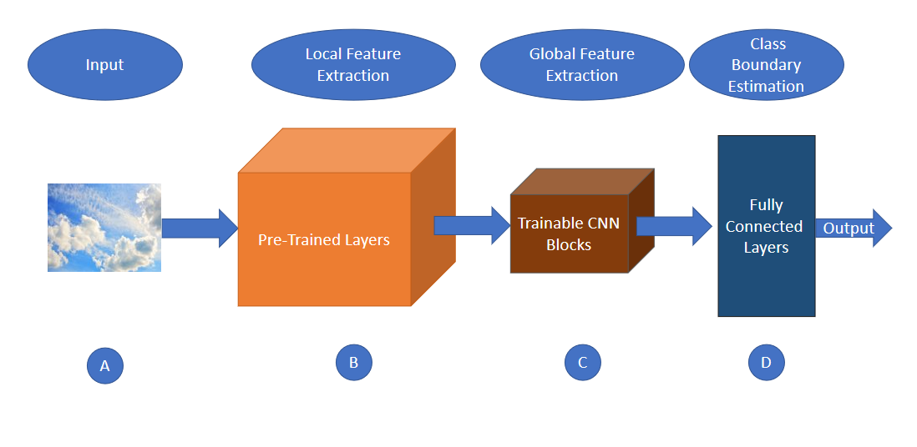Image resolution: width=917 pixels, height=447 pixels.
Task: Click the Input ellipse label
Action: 104,65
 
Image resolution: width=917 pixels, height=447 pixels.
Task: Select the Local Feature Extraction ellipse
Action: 352,65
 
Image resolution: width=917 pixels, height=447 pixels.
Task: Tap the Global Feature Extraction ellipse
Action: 581,65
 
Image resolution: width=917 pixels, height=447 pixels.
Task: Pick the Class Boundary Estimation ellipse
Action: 766,65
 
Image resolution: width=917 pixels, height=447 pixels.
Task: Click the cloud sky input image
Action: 104,228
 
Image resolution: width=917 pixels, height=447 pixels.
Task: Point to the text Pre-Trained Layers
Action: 324,240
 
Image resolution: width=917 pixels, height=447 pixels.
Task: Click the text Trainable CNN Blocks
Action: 568,234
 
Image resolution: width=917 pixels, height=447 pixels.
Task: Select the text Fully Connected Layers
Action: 765,226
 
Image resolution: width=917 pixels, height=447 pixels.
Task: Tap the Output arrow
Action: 852,229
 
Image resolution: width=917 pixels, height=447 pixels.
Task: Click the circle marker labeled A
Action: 104,365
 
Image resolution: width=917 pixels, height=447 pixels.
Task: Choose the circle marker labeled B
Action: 353,362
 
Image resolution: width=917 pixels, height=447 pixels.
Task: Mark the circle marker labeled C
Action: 582,362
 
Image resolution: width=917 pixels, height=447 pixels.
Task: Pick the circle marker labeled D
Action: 766,362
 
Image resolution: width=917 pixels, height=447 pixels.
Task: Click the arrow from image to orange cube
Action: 199,229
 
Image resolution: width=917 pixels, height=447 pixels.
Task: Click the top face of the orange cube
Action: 347,150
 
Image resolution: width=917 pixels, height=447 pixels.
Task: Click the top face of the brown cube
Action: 582,181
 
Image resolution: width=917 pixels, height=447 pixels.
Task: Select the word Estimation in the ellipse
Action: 766,86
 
